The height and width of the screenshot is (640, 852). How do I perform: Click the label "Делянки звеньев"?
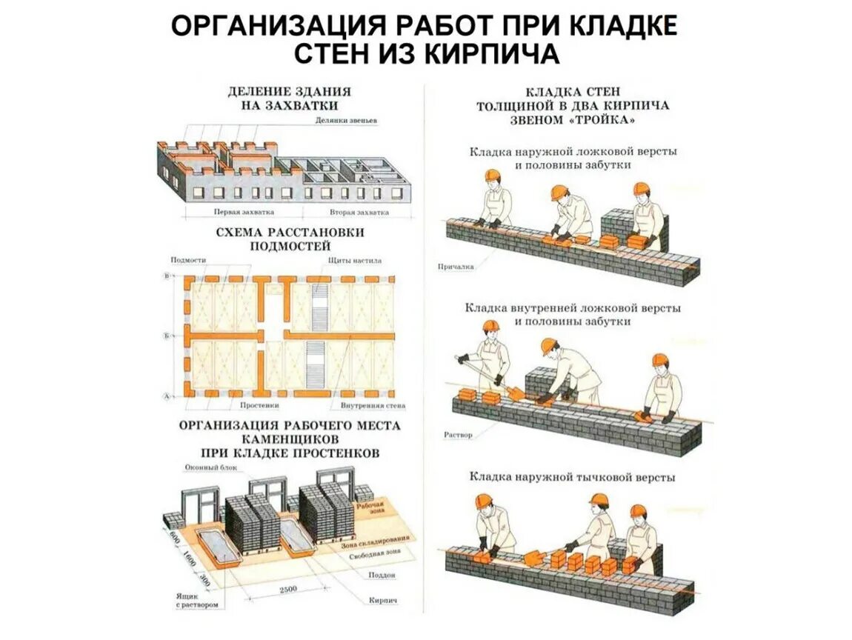click(x=347, y=120)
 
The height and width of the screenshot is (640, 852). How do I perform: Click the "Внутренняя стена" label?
click(x=373, y=407)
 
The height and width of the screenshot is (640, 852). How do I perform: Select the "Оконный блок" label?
click(x=204, y=468)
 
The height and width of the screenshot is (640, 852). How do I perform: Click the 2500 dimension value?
click(x=288, y=589)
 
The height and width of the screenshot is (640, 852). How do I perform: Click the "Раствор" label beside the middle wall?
click(x=457, y=435)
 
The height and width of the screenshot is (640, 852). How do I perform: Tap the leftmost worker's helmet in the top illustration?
click(x=491, y=175)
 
